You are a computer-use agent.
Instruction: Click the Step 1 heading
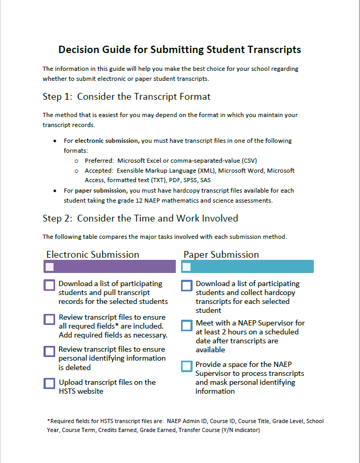[126, 97]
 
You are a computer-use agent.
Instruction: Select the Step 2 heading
[140, 218]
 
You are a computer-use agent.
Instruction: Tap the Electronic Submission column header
[93, 255]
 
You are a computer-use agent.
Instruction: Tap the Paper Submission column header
[221, 255]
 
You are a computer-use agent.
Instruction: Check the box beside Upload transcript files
[49, 383]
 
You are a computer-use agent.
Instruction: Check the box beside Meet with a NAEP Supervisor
[187, 325]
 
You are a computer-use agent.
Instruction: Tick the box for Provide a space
[187, 366]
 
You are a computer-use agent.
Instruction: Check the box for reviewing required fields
[49, 319]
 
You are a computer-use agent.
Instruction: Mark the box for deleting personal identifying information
[49, 351]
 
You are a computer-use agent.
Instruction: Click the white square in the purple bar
[50, 267]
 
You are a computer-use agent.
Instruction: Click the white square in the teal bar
[186, 267]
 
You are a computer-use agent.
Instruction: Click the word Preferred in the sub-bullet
[99, 161]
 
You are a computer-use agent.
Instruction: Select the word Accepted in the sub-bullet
[99, 171]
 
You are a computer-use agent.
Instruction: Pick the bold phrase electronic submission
[107, 141]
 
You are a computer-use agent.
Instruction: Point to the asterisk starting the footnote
[48, 420]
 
